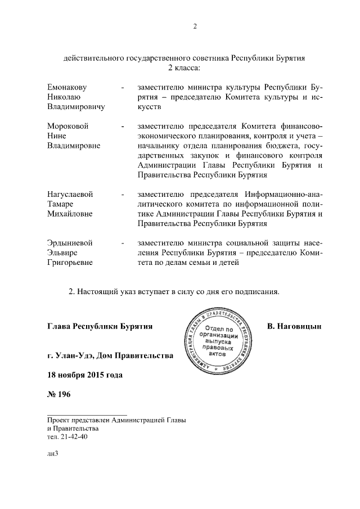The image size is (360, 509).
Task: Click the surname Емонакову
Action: (x=69, y=88)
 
